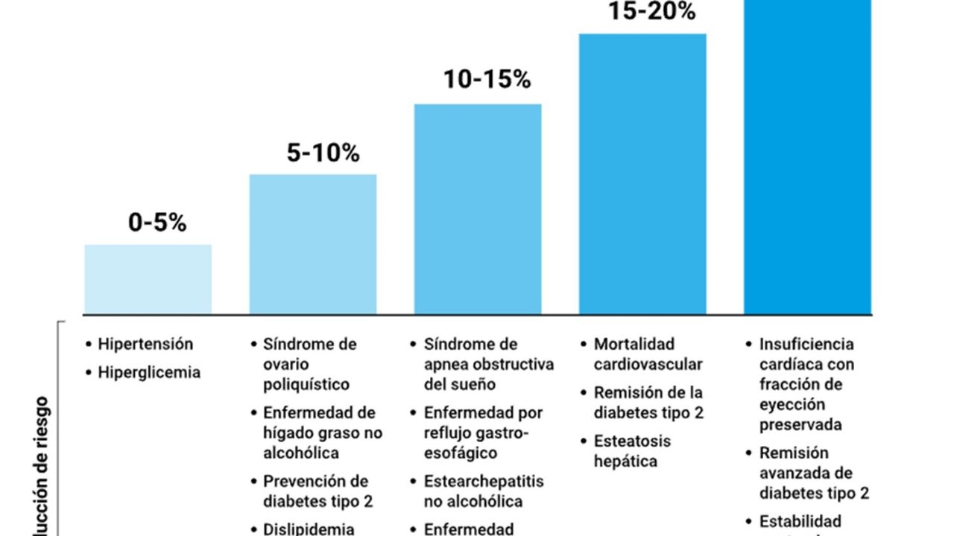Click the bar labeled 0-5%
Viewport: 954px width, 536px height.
coord(148,279)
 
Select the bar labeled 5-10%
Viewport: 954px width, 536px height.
coord(312,244)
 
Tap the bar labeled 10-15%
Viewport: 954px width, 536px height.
coord(478,208)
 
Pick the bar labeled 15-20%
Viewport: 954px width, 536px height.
coord(642,173)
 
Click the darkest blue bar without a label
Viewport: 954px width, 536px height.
coord(807,156)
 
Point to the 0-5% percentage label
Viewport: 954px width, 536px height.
coord(157,223)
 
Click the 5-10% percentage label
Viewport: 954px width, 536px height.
coord(323,153)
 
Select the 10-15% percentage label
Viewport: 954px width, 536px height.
coord(487,80)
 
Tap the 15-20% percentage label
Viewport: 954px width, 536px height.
coord(651,12)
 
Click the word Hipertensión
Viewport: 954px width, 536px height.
coord(145,344)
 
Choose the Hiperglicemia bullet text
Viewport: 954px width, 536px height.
coord(149,372)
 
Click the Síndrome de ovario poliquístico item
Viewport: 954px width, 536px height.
coord(309,364)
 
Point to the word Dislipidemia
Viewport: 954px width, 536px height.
coord(309,529)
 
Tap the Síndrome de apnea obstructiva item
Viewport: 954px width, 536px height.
coord(488,364)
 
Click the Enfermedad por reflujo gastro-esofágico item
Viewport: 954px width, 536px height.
coord(483,433)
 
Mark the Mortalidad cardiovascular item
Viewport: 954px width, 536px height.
coord(648,354)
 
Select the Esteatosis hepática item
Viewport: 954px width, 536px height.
coord(632,450)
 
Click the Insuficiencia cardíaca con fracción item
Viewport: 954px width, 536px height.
coord(806,384)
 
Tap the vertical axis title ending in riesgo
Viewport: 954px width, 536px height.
coord(42,469)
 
